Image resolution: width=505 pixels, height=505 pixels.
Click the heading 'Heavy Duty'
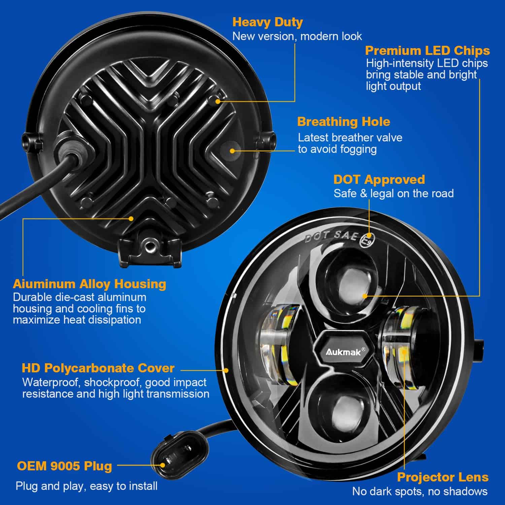[267, 22]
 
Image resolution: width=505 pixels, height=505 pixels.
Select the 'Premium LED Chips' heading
[427, 50]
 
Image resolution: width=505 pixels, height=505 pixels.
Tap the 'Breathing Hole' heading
[343, 122]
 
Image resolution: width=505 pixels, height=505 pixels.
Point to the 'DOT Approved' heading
[379, 179]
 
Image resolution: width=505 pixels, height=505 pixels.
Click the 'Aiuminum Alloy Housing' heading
[90, 284]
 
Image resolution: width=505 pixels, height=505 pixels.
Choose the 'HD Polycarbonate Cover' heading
[98, 368]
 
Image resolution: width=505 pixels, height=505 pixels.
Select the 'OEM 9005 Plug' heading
[64, 466]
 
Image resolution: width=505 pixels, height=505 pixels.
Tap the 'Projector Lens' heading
[442, 477]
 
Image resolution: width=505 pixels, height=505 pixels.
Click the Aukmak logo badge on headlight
[343, 351]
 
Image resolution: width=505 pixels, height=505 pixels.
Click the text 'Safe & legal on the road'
[393, 194]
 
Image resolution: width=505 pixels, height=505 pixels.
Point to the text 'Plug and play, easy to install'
[87, 486]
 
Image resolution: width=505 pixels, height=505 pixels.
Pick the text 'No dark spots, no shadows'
[419, 492]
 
